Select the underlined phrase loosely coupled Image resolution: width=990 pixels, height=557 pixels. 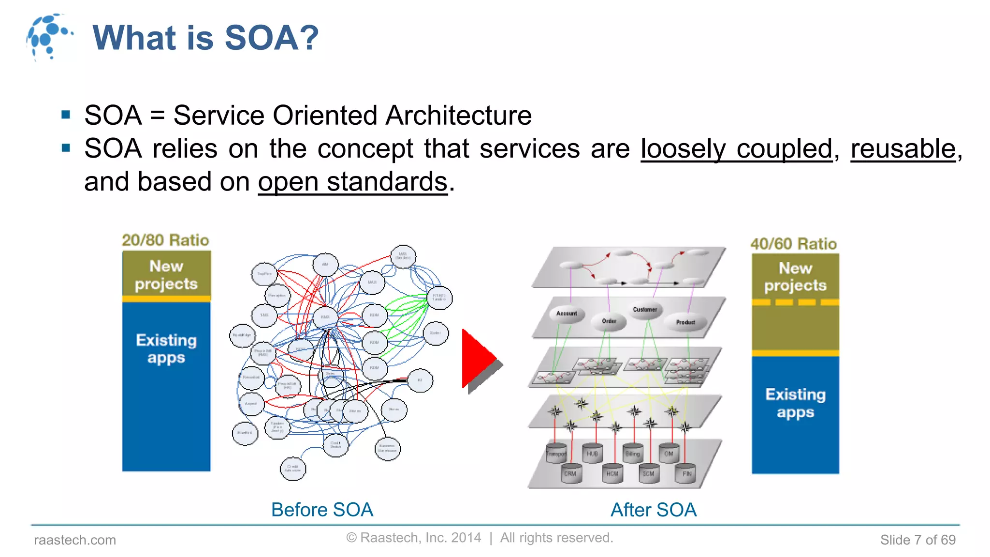(x=736, y=148)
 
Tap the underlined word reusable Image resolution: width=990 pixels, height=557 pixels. (x=903, y=148)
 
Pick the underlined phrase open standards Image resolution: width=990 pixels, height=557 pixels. (x=353, y=182)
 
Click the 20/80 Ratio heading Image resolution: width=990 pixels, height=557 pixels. (x=165, y=240)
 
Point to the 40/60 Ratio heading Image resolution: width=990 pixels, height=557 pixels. (x=793, y=244)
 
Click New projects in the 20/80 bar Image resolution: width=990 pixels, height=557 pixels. (x=166, y=275)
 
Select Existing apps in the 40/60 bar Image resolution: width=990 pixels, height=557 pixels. (x=795, y=403)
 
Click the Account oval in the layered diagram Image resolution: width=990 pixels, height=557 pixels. (x=567, y=314)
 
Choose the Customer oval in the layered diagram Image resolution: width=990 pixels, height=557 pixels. (x=645, y=309)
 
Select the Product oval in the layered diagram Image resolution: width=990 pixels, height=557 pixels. (x=685, y=322)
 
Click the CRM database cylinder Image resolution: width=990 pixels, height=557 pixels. (x=570, y=473)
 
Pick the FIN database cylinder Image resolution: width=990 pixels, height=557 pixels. (x=686, y=473)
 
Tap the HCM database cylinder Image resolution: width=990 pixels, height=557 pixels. (x=612, y=473)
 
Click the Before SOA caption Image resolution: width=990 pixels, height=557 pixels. (x=322, y=510)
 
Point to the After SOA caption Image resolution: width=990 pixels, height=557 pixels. (x=653, y=510)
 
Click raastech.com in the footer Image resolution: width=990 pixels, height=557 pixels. (x=75, y=540)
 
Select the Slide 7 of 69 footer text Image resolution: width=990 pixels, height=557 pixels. (x=917, y=540)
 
